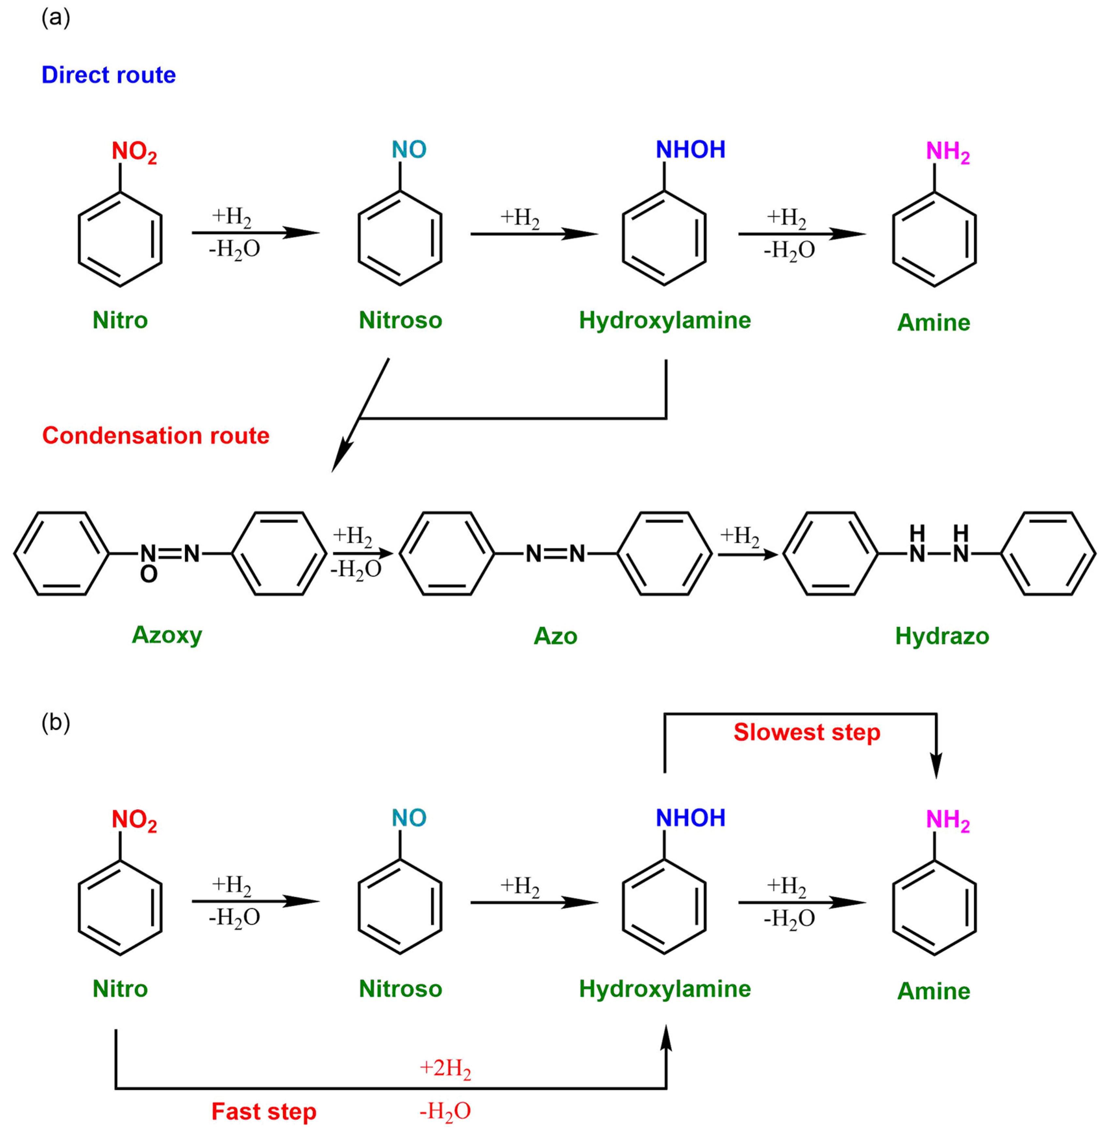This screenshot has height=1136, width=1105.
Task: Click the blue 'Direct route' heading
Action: (109, 75)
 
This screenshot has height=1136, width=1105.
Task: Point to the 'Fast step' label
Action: (264, 1112)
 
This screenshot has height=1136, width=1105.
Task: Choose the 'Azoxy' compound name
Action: (167, 635)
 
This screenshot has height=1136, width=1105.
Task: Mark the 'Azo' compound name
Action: (555, 636)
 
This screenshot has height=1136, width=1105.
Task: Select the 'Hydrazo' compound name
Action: (942, 636)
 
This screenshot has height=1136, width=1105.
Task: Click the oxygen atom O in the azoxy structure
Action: (148, 574)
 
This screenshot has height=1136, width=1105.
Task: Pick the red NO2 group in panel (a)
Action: (134, 152)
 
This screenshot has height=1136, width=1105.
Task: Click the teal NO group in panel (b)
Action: (409, 818)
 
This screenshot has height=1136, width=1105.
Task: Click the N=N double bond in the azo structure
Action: (555, 554)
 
